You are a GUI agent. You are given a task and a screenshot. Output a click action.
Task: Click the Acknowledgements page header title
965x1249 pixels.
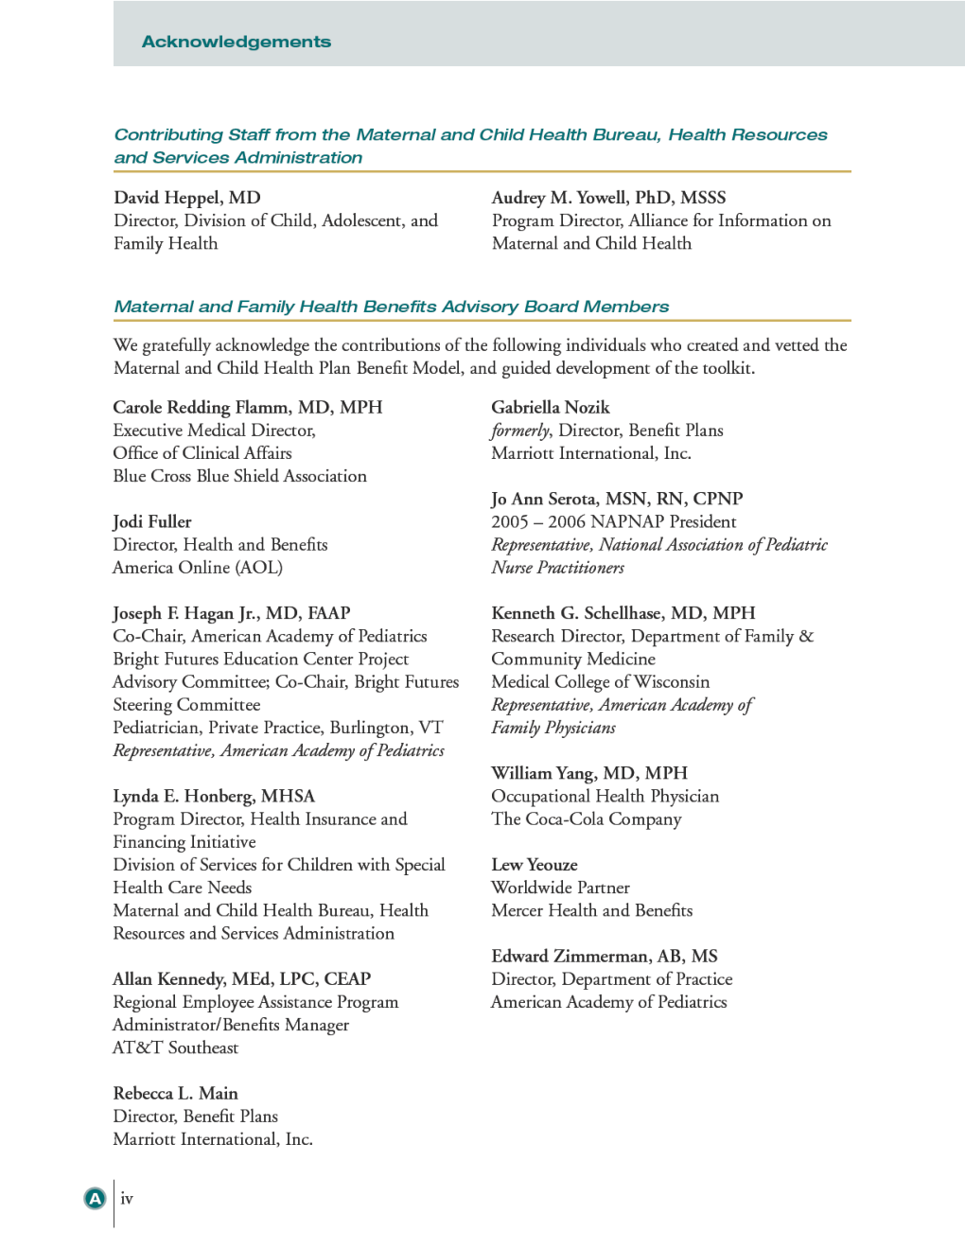pyautogui.click(x=237, y=42)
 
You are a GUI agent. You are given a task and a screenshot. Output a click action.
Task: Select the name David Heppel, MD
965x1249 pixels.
pyautogui.click(x=187, y=198)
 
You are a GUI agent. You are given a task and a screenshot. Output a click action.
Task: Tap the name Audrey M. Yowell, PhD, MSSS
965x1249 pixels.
pyautogui.click(x=608, y=198)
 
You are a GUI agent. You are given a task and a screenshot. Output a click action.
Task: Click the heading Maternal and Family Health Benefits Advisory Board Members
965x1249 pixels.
pyautogui.click(x=391, y=307)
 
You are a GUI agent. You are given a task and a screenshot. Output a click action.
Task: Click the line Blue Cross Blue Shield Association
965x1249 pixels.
pyautogui.click(x=239, y=476)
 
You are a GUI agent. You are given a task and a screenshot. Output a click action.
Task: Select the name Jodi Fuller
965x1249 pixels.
pyautogui.click(x=152, y=522)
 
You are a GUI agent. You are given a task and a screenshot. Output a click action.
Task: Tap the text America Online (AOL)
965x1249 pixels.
pyautogui.click(x=198, y=568)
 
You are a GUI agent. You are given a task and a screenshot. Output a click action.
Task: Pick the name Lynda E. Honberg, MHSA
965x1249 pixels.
pyautogui.click(x=214, y=796)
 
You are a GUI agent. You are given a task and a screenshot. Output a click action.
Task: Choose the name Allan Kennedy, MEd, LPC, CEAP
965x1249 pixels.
pyautogui.click(x=241, y=979)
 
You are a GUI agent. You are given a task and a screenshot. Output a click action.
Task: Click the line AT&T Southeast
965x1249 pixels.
pyautogui.click(x=175, y=1047)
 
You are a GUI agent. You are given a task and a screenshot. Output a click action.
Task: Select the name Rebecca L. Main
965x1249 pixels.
pyautogui.click(x=175, y=1094)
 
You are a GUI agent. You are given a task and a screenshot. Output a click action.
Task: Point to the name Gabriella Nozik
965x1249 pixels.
pyautogui.click(x=551, y=408)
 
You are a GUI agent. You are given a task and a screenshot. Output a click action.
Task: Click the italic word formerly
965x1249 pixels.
pyautogui.click(x=520, y=431)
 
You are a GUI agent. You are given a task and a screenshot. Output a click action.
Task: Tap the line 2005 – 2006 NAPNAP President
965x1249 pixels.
pyautogui.click(x=613, y=522)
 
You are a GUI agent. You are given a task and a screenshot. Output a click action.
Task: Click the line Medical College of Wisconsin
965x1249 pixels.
pyautogui.click(x=600, y=682)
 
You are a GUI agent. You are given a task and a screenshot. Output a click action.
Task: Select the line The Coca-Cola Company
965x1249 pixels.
pyautogui.click(x=586, y=819)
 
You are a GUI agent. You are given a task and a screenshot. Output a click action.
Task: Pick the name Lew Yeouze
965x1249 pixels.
pyautogui.click(x=535, y=865)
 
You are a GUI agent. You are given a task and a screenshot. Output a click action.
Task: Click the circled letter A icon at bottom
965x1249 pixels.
pyautogui.click(x=95, y=1199)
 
